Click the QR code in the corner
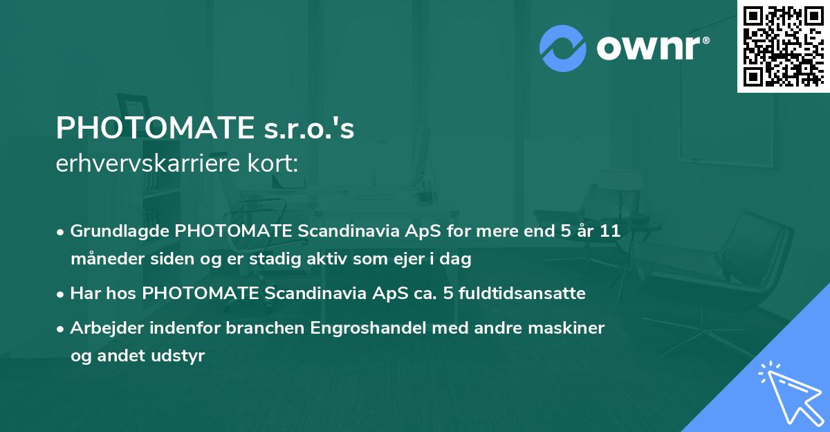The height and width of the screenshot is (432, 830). tap(783, 46)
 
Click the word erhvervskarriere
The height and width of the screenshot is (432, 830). tap(141, 163)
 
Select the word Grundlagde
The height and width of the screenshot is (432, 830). tap(121, 231)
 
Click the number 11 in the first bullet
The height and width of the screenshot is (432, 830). tap(609, 231)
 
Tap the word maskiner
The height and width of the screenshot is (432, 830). tap(570, 327)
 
